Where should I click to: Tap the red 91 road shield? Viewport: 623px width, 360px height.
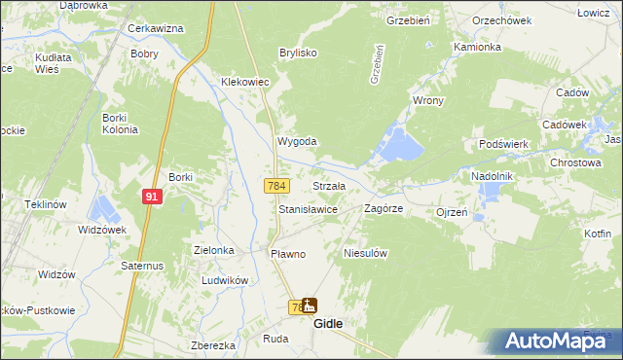coord(151,197)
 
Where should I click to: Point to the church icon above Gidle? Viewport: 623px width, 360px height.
coord(310,306)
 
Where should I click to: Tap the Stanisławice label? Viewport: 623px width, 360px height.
coord(308,209)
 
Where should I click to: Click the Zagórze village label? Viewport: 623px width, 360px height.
coord(383,209)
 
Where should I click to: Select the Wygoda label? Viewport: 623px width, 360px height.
coord(298,141)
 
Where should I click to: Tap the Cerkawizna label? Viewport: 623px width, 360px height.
coord(156,29)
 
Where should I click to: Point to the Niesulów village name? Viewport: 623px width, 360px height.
coord(366,253)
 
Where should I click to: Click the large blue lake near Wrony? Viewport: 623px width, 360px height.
coord(401,146)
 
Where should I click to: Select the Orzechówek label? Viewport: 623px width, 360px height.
coord(499,18)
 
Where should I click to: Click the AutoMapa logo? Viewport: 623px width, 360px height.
coord(555,340)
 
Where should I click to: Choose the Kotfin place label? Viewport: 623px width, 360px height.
coord(598,234)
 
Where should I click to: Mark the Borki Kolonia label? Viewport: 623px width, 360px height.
coord(121,124)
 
